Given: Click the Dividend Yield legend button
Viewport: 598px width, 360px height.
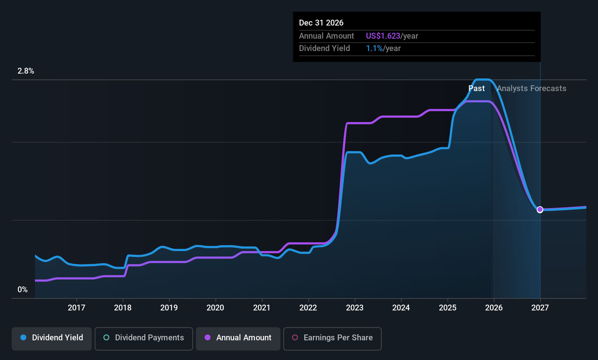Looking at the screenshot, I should pyautogui.click(x=52, y=338).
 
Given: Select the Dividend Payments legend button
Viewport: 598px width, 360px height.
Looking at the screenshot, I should pyautogui.click(x=143, y=338).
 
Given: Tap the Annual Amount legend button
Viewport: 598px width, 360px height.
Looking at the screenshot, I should pyautogui.click(x=238, y=338).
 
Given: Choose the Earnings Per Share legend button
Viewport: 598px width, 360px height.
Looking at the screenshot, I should pyautogui.click(x=332, y=338).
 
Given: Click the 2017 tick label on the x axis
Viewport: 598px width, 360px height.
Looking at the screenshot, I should pyautogui.click(x=76, y=308).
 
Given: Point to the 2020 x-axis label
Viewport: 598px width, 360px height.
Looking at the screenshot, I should pyautogui.click(x=215, y=308).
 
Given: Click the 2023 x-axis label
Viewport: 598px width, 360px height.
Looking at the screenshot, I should pyautogui.click(x=355, y=308).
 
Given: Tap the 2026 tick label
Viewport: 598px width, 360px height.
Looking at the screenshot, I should pyautogui.click(x=494, y=308).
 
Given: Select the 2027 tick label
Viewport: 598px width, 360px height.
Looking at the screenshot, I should pyautogui.click(x=540, y=308).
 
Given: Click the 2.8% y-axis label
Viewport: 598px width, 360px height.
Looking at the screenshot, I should pyautogui.click(x=26, y=71).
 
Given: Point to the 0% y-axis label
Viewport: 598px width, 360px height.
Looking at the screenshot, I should pyautogui.click(x=23, y=290).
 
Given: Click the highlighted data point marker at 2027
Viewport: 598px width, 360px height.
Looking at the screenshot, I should pyautogui.click(x=540, y=210).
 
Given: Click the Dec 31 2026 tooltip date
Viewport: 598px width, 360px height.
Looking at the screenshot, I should pyautogui.click(x=321, y=23).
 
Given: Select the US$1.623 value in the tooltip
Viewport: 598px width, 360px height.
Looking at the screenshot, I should pyautogui.click(x=383, y=36).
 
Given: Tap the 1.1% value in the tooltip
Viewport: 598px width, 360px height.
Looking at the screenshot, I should pyautogui.click(x=374, y=48).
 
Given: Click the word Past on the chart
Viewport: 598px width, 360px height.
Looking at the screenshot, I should pyautogui.click(x=476, y=89).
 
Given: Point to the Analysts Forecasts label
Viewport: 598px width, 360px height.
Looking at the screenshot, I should pyautogui.click(x=531, y=89).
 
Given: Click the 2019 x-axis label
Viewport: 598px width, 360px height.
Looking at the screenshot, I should pyautogui.click(x=169, y=308).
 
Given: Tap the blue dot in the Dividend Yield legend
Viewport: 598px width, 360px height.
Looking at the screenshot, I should pyautogui.click(x=23, y=338).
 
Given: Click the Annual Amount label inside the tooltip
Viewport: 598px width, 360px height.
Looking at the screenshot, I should pyautogui.click(x=326, y=36).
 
